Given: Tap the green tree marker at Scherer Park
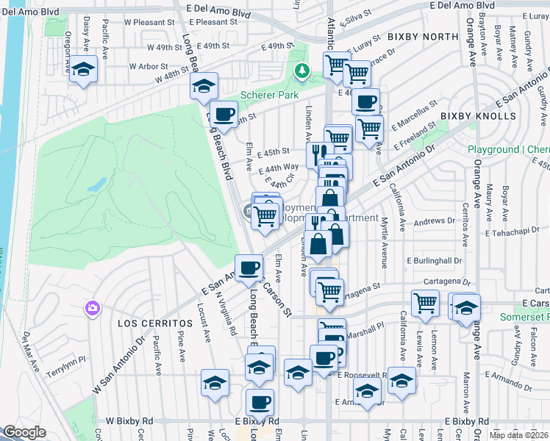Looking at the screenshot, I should [301, 71].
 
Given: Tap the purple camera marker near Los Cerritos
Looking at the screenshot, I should [93, 307].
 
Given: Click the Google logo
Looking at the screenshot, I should [24, 432].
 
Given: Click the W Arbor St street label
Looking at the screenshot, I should [147, 66].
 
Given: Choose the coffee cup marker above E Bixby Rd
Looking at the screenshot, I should [260, 402].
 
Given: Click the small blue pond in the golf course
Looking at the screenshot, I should [96, 185].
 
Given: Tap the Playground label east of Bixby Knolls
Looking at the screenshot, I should [507, 149].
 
